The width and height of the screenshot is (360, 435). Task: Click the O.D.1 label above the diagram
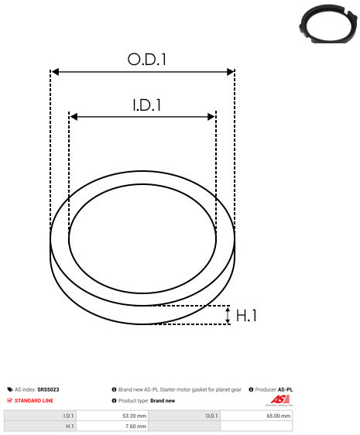[x=146, y=59]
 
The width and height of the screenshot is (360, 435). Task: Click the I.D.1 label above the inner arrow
[x=147, y=105]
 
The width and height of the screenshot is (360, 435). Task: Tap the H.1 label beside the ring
[x=246, y=316]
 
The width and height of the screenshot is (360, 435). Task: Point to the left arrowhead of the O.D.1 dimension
[x=56, y=72]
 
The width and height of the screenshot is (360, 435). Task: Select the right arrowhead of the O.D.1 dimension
[x=231, y=72]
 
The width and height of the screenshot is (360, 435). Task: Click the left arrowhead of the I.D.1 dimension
[x=74, y=117]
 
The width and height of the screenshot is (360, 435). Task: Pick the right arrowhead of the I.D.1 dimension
[x=211, y=117]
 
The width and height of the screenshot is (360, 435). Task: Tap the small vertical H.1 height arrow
[x=228, y=315]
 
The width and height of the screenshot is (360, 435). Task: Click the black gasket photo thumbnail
[x=328, y=24]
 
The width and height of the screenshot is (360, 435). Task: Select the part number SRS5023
[x=48, y=389]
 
